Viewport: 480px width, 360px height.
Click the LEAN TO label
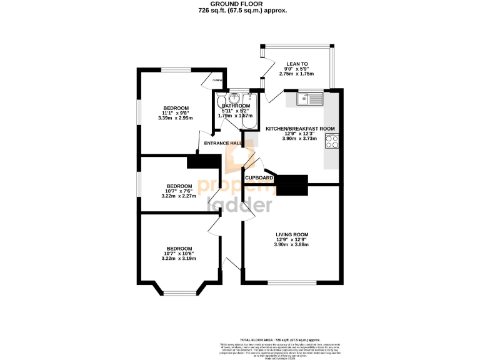[296, 63]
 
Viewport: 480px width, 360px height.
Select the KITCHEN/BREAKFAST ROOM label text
[300, 129]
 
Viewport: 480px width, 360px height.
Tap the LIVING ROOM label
[292, 235]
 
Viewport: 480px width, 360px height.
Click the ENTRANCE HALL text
[224, 143]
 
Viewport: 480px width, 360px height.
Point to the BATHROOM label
[236, 106]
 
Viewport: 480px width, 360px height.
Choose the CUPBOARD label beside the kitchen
[259, 178]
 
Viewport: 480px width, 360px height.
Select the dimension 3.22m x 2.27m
[178, 196]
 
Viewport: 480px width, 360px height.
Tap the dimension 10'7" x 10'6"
[179, 253]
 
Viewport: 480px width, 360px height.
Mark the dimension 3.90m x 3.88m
[292, 244]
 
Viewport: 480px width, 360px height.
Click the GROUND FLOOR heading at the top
[240, 4]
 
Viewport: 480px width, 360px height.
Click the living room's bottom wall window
[292, 282]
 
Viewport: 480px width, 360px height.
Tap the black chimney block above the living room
[292, 184]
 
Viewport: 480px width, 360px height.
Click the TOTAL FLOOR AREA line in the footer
[240, 337]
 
